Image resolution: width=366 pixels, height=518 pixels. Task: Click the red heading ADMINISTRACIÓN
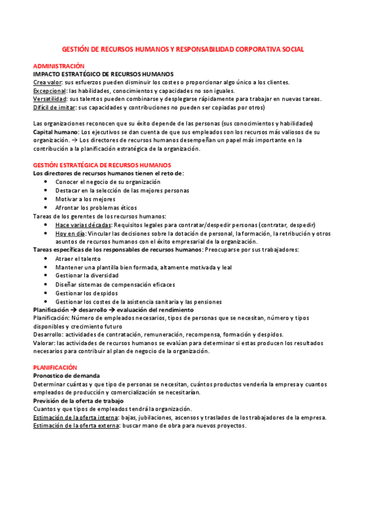[x=59, y=65]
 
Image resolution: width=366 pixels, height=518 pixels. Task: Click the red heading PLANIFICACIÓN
[x=55, y=367]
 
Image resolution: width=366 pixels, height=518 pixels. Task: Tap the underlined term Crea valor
[x=48, y=82]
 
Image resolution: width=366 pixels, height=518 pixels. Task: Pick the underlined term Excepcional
[x=49, y=90]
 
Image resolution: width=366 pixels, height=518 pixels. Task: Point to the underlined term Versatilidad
[x=50, y=99]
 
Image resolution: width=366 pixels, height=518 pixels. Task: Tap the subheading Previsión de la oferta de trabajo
[x=78, y=401]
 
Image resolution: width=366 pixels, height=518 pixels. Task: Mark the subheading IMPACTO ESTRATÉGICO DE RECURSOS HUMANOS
[x=103, y=73]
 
